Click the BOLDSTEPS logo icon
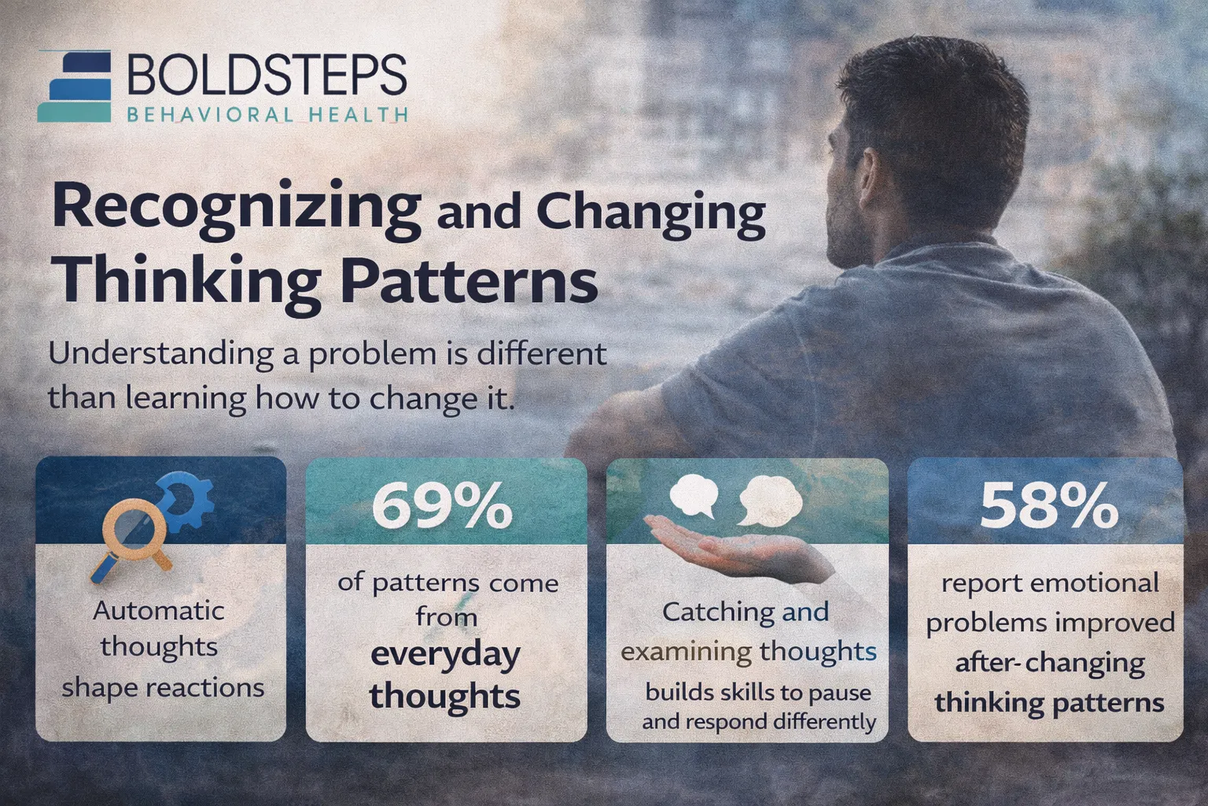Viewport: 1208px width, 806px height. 75,87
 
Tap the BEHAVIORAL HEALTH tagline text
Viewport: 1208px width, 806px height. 267,115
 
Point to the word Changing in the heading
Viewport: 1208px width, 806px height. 650,213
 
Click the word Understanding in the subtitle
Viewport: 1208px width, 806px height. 160,353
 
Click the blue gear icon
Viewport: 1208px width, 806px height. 187,504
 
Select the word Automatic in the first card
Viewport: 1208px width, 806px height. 158,611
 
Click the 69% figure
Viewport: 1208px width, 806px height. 441,506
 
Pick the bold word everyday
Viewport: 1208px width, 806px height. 445,655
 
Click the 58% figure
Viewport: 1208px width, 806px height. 1048,506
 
